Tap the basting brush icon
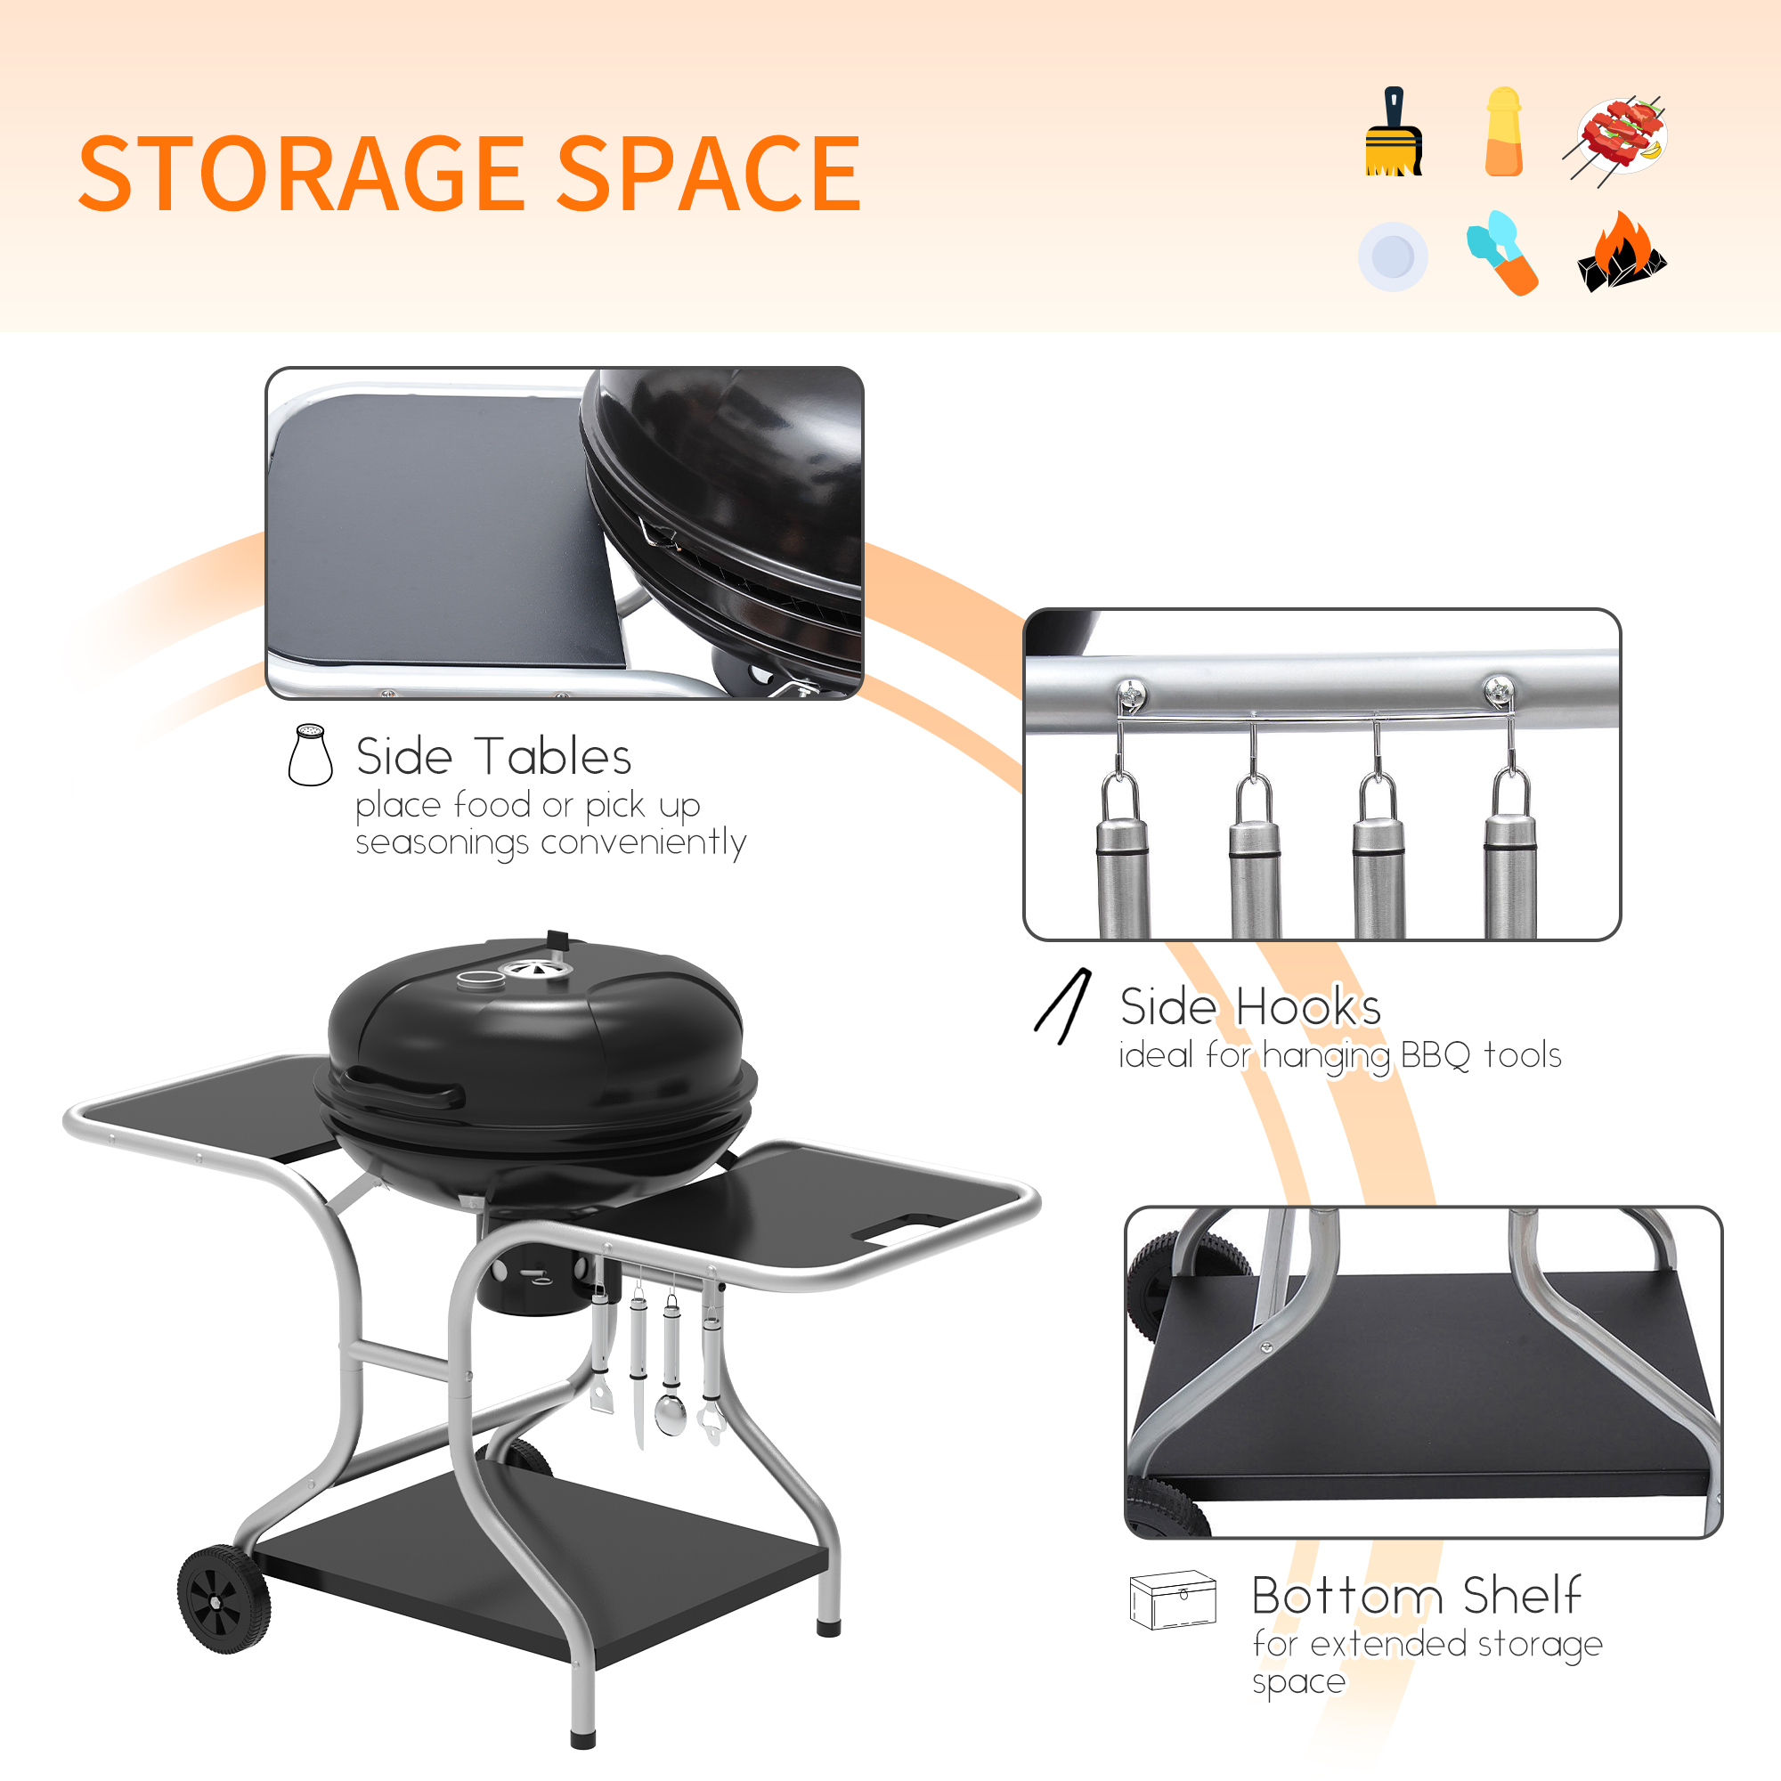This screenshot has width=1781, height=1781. (x=1393, y=133)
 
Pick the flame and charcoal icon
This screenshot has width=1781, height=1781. (x=1622, y=254)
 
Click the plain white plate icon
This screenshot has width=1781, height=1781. (x=1392, y=256)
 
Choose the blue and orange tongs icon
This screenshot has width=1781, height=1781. (x=1502, y=253)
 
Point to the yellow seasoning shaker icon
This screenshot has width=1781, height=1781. (x=1503, y=132)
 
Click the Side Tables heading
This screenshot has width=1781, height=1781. (x=493, y=757)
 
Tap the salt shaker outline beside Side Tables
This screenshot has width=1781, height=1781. (x=311, y=755)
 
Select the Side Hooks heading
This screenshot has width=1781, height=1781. (x=1250, y=1006)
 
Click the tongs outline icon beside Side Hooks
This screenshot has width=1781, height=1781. (x=1064, y=1006)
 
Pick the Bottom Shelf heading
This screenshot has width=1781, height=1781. (x=1416, y=1596)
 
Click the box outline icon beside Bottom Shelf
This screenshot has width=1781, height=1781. (x=1173, y=1600)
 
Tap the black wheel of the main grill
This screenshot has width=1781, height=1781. (x=224, y=1600)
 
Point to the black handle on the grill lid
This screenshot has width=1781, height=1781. (x=405, y=1088)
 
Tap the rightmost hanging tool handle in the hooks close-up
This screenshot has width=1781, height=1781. (x=1510, y=875)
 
